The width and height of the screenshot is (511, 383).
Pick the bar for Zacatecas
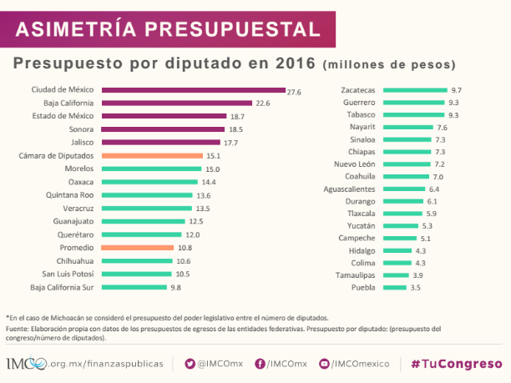pos(415,89)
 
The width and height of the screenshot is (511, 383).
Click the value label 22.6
pos(262,103)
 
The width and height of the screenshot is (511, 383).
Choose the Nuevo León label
pos(354,164)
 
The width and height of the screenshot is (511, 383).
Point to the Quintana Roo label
pos(70,195)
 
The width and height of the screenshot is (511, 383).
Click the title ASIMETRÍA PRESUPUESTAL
pos(168,29)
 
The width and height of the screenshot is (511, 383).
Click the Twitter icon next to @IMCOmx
pos(190,364)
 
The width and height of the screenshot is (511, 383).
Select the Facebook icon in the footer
pos(260,364)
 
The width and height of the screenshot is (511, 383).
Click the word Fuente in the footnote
pos(19,328)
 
